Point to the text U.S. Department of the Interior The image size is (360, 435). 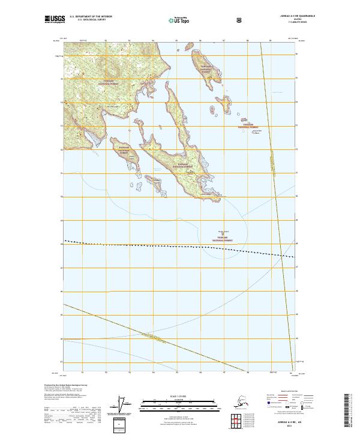91,17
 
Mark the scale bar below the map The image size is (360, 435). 179,403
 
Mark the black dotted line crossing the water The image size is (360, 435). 180,246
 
